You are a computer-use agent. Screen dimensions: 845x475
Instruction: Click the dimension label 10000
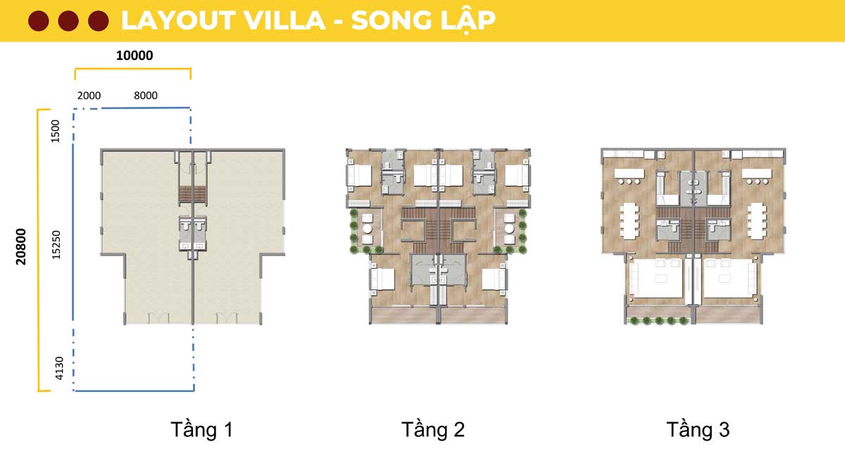coord(134,56)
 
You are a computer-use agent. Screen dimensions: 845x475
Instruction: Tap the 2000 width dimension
coord(89,96)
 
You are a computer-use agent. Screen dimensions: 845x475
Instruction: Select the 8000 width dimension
coord(146,96)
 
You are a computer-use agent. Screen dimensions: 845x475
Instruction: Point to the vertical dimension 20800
coord(21,246)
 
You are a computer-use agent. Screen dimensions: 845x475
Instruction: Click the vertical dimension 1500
coord(56,131)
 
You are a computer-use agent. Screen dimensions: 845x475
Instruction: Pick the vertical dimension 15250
coord(56,245)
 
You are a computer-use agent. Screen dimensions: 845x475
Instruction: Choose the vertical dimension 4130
coord(59,368)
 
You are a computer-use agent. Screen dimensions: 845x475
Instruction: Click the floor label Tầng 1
coord(201,430)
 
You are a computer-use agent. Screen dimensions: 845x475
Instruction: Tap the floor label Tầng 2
coord(432,430)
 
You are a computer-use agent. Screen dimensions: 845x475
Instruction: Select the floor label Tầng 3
coord(698,430)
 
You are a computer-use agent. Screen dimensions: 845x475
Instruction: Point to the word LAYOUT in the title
coord(178,20)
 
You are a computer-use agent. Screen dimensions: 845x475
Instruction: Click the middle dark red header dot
coord(68,20)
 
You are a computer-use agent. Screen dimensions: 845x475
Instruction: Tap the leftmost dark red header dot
coord(39,20)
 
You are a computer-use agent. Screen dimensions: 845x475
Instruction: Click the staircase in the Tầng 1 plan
coord(192,194)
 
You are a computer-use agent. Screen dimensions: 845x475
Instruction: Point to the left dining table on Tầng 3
coord(629,221)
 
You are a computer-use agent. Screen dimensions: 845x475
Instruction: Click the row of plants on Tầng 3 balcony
coord(658,321)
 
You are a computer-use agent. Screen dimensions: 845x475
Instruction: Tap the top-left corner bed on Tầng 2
coord(359,175)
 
